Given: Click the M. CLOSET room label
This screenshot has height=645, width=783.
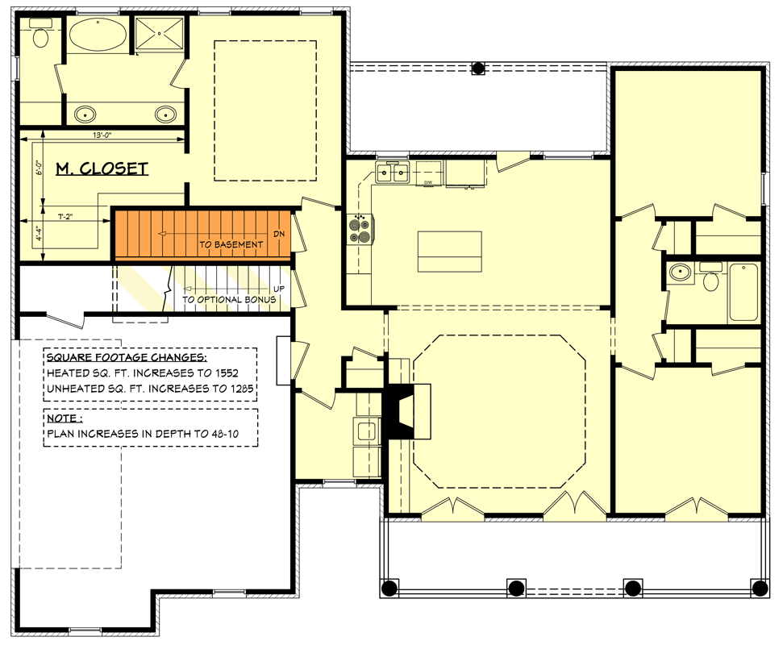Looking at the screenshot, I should pos(102,169).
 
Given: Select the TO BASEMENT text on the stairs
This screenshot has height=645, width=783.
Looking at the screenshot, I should pos(231,244).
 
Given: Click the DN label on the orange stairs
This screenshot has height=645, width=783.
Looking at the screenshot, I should pos(279,234).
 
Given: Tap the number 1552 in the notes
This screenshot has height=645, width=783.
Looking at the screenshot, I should pos(220,373).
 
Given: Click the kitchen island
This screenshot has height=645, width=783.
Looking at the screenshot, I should pos(449,252).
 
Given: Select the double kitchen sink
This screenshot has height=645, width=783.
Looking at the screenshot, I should pos(394,172).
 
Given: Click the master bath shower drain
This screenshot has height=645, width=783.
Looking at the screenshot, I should pos(160,34).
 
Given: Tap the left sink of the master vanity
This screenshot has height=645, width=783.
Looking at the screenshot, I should pos(85,114).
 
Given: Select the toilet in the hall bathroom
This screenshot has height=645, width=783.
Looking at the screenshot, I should pos(710,280).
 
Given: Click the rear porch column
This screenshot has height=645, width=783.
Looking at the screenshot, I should pos(478,69).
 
